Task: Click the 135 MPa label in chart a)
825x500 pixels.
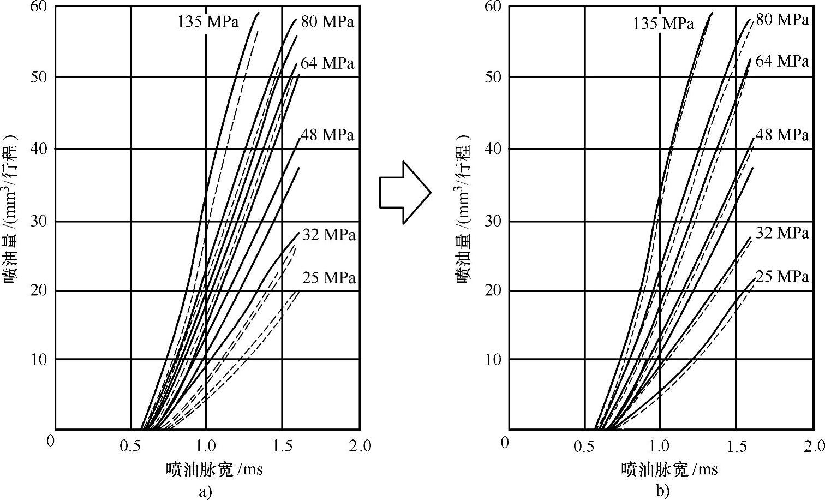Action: click(208, 22)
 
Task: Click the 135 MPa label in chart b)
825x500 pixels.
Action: click(663, 23)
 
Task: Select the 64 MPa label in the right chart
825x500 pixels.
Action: click(782, 61)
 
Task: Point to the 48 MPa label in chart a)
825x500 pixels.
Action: click(327, 135)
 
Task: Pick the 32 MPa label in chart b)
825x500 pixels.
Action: click(782, 233)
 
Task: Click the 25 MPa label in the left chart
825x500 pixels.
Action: click(328, 278)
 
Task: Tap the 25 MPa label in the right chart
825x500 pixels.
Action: click(782, 277)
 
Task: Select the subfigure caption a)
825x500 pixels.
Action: click(205, 492)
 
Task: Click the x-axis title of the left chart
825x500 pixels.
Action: click(214, 469)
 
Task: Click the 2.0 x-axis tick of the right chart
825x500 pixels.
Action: click(813, 446)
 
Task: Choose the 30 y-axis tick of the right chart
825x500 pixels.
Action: click(492, 221)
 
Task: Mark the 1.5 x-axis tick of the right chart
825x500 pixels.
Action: click(737, 446)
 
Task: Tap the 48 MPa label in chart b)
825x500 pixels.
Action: click(782, 134)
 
